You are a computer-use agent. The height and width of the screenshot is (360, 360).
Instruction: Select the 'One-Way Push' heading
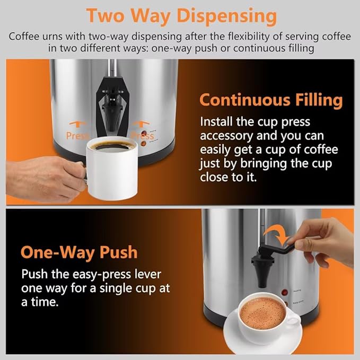click(x=79, y=252)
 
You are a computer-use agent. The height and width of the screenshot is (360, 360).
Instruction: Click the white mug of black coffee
click(x=112, y=159)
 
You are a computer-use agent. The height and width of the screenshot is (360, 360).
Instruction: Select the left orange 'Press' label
click(x=77, y=136)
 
